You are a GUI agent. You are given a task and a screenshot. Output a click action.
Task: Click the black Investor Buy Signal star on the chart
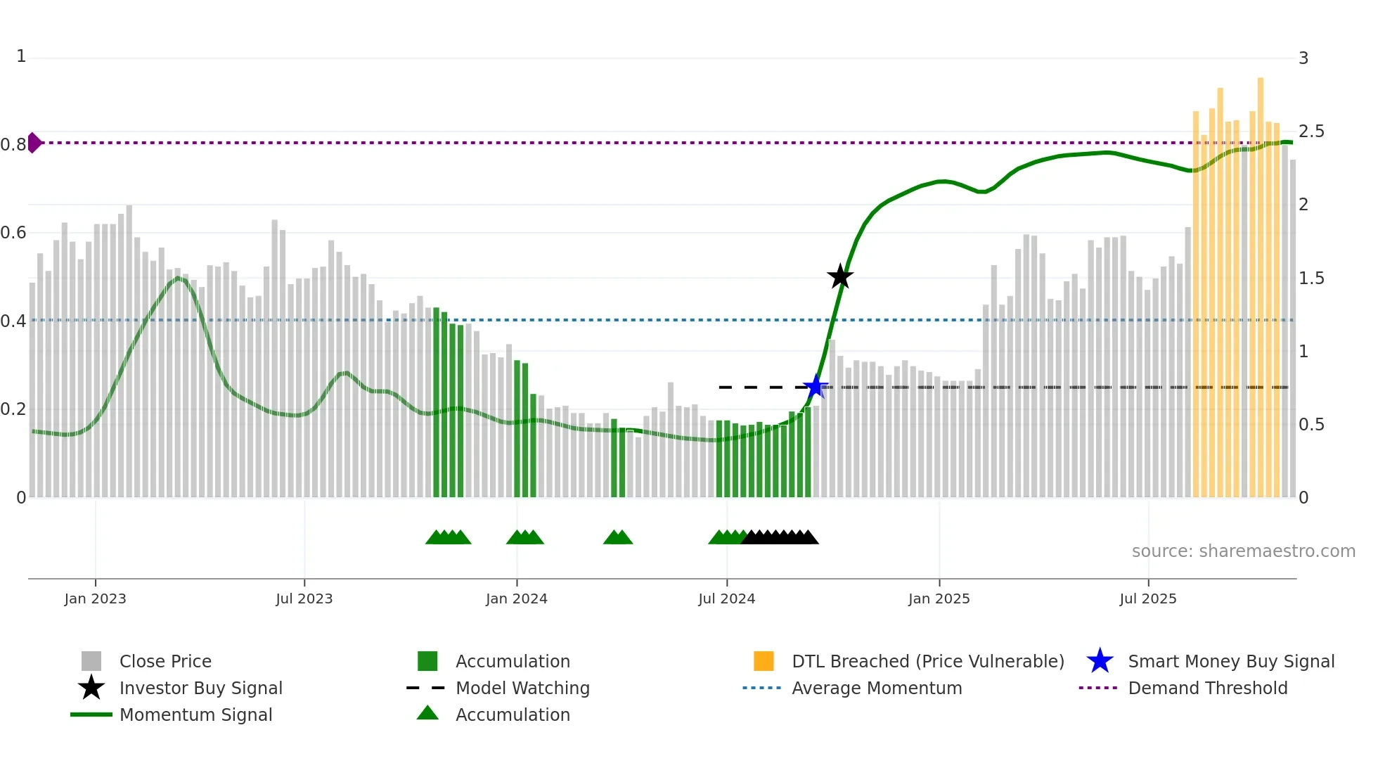(x=840, y=276)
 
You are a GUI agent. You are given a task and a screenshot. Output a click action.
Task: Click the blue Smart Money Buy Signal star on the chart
(x=816, y=386)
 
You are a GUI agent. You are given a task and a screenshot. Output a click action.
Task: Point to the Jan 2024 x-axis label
(x=516, y=598)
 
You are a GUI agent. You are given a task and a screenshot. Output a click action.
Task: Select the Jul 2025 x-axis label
(x=1147, y=598)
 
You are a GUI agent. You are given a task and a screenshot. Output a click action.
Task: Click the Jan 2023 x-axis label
(x=95, y=598)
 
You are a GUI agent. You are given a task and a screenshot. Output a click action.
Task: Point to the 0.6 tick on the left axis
(x=13, y=233)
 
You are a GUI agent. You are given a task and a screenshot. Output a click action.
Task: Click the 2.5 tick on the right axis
(x=1311, y=132)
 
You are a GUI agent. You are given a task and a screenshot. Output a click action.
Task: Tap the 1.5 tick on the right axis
(x=1311, y=278)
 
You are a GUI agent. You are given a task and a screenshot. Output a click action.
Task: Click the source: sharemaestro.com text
(x=1243, y=551)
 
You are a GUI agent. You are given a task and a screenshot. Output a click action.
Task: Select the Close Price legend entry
(x=165, y=661)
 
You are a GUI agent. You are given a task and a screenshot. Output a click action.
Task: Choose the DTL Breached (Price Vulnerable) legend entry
(x=927, y=661)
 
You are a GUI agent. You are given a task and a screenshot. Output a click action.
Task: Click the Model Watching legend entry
(x=522, y=688)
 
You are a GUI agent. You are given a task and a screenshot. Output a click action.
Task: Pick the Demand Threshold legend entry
(x=1207, y=688)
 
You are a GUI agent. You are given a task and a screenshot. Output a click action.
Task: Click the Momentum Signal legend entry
(x=195, y=715)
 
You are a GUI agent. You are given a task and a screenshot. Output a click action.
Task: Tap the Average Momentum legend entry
(x=876, y=688)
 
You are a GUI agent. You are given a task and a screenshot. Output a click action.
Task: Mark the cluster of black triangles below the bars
(x=780, y=537)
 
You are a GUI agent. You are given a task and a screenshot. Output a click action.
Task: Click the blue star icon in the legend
(x=1100, y=661)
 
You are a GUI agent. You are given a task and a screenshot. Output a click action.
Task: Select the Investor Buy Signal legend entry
(x=200, y=688)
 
